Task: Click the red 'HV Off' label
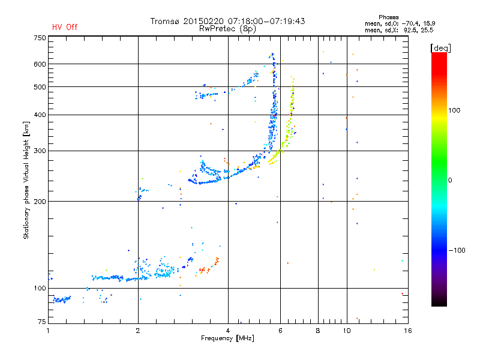click(65, 27)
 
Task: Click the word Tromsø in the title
click(164, 21)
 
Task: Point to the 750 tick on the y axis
click(40, 38)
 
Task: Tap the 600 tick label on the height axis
click(40, 64)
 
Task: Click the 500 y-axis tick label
click(40, 87)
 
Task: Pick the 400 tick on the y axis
click(40, 115)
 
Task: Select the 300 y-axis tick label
click(40, 151)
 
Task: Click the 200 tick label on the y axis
click(40, 202)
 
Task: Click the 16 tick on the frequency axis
click(407, 331)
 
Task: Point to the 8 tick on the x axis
click(318, 331)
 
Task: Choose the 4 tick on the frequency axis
click(228, 331)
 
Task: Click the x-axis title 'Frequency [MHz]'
click(228, 339)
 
